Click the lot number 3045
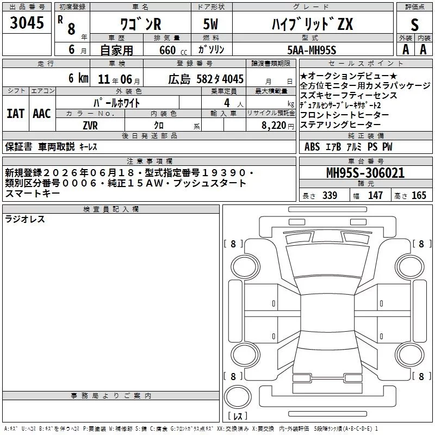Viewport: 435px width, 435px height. (x=27, y=22)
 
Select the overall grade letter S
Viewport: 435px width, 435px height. (x=414, y=24)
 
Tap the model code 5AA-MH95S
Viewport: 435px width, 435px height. (x=312, y=50)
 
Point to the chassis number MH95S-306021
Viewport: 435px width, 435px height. (x=365, y=173)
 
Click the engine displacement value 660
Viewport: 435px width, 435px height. (x=167, y=50)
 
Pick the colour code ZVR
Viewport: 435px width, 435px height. (x=90, y=126)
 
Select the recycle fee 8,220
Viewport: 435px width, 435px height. (x=274, y=126)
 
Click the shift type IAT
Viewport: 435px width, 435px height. (x=15, y=114)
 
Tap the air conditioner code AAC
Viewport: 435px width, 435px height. (x=42, y=114)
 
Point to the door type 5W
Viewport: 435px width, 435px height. (x=210, y=24)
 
